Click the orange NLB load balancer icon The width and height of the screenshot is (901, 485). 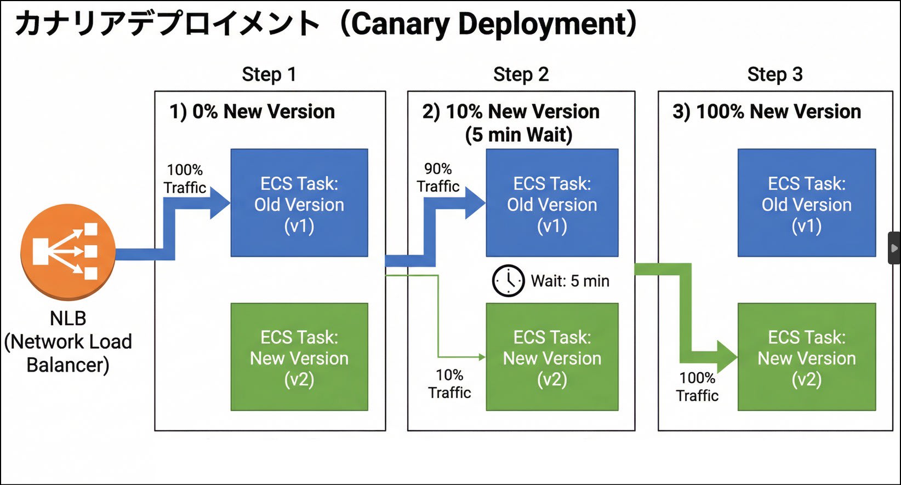tap(68, 252)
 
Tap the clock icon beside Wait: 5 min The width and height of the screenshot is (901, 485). tap(508, 281)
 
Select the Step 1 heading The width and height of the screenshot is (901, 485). tap(269, 74)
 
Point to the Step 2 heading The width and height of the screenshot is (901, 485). tap(521, 74)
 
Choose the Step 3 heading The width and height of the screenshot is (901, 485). tap(774, 74)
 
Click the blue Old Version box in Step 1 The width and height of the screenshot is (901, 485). tap(299, 203)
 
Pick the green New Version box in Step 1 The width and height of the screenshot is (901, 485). tap(299, 357)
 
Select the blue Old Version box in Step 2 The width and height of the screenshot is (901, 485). tap(552, 203)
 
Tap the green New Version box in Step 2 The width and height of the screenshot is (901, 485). tap(552, 357)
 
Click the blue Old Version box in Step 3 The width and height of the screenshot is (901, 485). tap(806, 203)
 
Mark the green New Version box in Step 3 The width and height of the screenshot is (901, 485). tap(806, 357)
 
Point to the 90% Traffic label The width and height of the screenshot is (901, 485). tap(438, 178)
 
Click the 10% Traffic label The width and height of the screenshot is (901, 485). tap(449, 384)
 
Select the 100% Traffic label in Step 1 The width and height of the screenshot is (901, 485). tap(185, 179)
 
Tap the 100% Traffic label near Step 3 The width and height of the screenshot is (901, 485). tap(697, 386)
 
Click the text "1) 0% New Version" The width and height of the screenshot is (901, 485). tap(252, 112)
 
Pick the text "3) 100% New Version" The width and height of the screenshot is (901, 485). tap(767, 112)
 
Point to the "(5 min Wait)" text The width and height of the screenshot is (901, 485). tap(518, 135)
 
